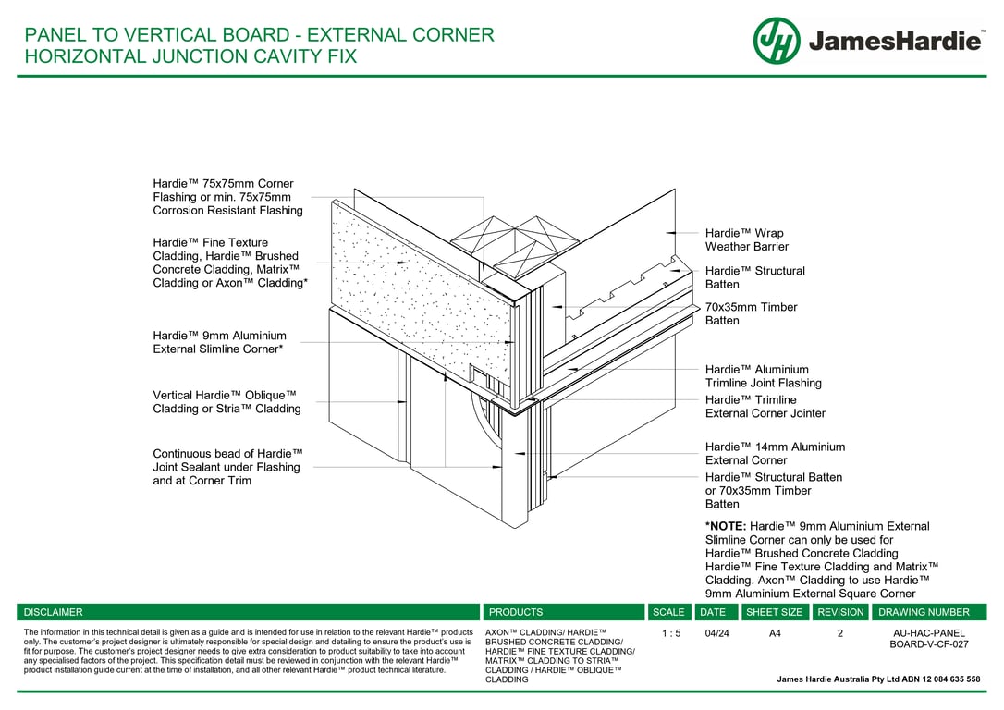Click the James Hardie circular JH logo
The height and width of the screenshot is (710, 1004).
[x=776, y=41]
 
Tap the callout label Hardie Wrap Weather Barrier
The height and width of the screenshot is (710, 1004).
[x=747, y=240]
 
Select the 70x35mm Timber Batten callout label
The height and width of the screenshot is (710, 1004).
[x=751, y=313]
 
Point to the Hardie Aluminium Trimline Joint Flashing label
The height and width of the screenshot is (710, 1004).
[x=764, y=376]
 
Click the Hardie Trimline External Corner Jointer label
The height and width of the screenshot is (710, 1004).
[x=765, y=407]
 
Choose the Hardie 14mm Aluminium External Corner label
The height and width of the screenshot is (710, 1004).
[x=775, y=453]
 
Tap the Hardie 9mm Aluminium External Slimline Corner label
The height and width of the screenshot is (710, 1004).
[x=220, y=342]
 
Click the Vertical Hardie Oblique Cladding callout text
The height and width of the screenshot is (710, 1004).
[x=227, y=402]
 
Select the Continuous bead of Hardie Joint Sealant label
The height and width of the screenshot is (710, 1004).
[x=228, y=468]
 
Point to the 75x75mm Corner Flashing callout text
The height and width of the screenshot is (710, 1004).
[x=228, y=197]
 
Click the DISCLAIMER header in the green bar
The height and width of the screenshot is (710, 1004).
[x=53, y=612]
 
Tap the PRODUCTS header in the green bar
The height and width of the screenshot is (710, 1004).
[x=516, y=612]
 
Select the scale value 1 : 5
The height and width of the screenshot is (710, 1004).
[x=671, y=634]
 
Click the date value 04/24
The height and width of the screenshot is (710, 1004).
[x=716, y=634]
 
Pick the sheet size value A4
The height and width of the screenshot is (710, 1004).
[x=775, y=634]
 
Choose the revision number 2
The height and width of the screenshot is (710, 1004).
[x=840, y=634]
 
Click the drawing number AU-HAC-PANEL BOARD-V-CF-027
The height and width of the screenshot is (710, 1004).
[x=928, y=639]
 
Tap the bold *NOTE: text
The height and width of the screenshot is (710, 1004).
[x=726, y=526]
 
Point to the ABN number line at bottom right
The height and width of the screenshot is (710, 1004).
[x=878, y=679]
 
